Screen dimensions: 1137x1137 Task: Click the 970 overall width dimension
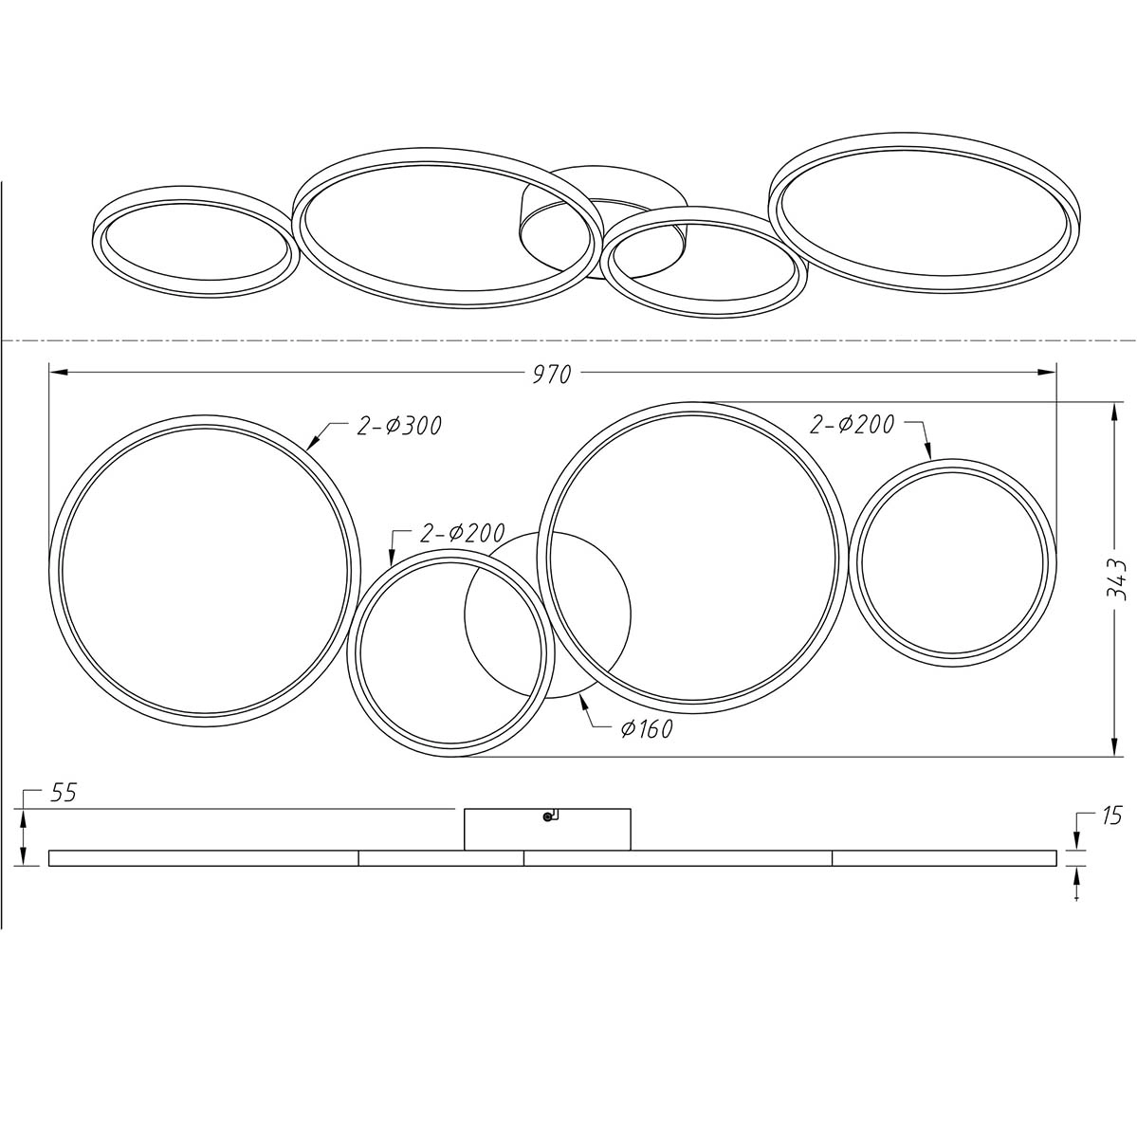point(553,375)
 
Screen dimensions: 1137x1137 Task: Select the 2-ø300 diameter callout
point(399,425)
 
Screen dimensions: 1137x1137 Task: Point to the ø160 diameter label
point(647,728)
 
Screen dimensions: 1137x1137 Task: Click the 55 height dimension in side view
point(64,793)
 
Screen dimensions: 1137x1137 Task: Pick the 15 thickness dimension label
point(1111,816)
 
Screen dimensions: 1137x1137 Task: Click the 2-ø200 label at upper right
point(852,424)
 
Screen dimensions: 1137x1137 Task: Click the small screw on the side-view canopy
point(547,817)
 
